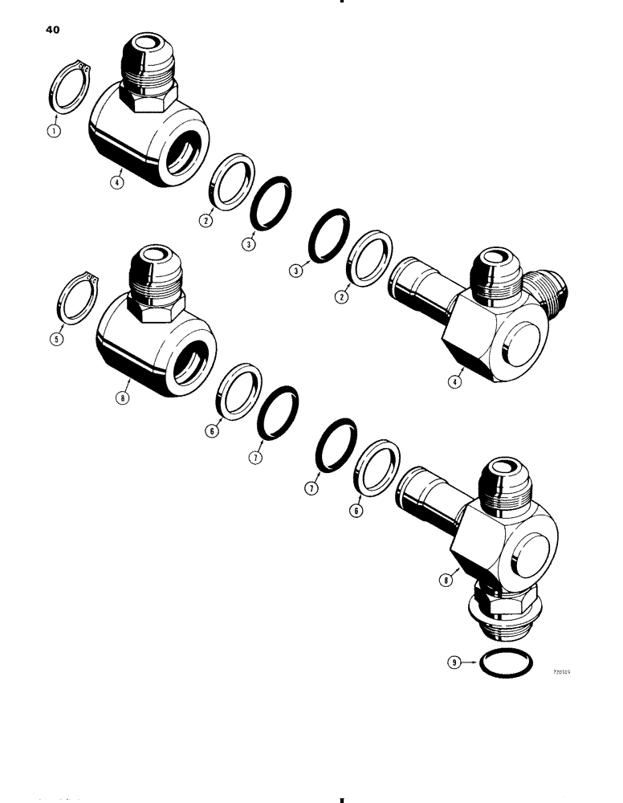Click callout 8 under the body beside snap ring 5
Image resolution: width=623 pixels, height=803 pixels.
[x=123, y=395]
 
